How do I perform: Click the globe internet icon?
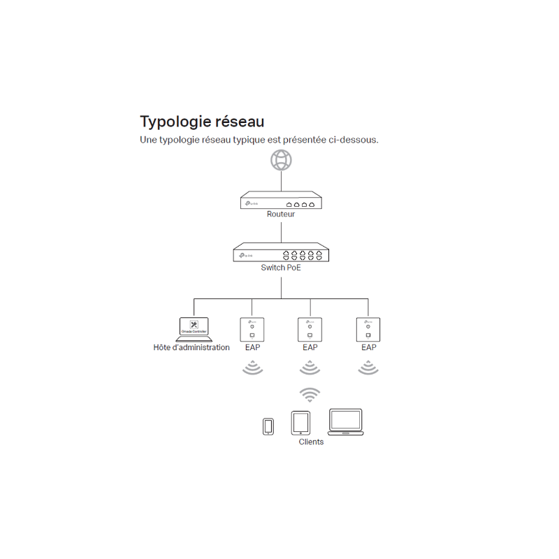[281, 160]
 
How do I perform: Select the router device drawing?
[281, 201]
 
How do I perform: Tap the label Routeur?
[281, 215]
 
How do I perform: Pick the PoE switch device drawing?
[281, 252]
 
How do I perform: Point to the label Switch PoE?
[281, 268]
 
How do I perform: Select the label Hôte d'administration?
[191, 347]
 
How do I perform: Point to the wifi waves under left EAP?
[252, 368]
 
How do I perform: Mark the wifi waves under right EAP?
[368, 368]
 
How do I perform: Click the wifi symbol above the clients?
[310, 394]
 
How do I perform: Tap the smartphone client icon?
[268, 426]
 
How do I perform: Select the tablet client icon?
[301, 422]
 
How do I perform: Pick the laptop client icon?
[346, 422]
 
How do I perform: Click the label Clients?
[311, 442]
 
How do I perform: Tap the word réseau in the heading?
[240, 122]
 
